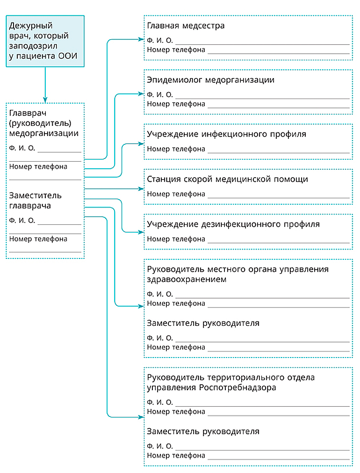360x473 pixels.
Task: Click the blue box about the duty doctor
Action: [45, 41]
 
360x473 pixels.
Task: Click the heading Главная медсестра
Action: [186, 26]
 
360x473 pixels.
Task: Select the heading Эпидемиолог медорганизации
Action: [211, 80]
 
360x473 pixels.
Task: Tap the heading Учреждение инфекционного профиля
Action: [226, 134]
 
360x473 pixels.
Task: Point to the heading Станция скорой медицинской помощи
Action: [228, 179]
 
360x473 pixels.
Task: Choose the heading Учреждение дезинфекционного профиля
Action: [233, 224]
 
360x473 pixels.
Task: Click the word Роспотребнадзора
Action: [238, 387]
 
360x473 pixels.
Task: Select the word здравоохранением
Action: [187, 279]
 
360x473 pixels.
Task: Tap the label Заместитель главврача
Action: [36, 201]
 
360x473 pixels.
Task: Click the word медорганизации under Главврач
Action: [44, 133]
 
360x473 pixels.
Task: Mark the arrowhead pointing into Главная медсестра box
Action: [141, 39]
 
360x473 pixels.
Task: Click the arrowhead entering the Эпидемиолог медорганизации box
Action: [141, 94]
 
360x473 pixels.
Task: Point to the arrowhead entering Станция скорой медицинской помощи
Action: [141, 189]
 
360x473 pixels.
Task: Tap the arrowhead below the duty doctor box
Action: [45, 100]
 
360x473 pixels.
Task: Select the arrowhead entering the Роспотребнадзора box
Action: [141, 417]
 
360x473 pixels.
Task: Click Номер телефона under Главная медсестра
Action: [176, 50]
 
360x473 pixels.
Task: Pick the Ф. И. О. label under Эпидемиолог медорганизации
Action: [160, 95]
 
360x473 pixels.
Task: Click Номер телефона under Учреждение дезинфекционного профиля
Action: [176, 239]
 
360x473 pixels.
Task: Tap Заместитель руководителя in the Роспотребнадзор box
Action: [203, 432]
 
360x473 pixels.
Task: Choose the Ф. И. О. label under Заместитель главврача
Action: [22, 221]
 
